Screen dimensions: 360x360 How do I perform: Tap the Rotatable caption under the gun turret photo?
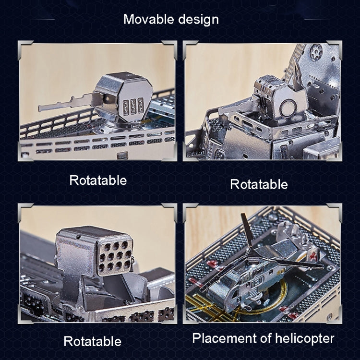pyautogui.click(x=98, y=180)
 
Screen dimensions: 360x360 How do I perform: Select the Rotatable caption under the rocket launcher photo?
pyautogui.click(x=93, y=341)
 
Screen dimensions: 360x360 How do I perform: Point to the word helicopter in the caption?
pyautogui.click(x=304, y=339)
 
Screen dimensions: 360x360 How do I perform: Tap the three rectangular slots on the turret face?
pyautogui.click(x=133, y=106)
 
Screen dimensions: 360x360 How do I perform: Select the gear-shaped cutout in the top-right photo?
pyautogui.click(x=316, y=52)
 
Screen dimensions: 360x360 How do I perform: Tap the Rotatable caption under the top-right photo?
pyautogui.click(x=259, y=184)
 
